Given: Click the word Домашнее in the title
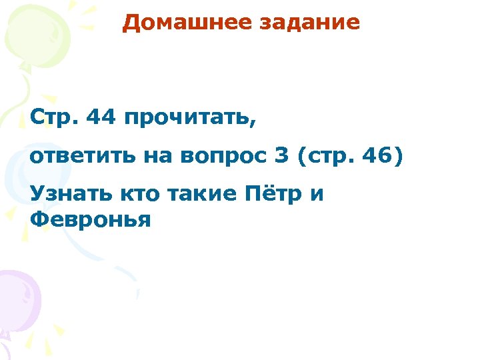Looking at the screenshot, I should pos(176,23).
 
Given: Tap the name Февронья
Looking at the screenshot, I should pos(91,219).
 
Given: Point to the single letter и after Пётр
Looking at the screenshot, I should pos(317,195).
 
